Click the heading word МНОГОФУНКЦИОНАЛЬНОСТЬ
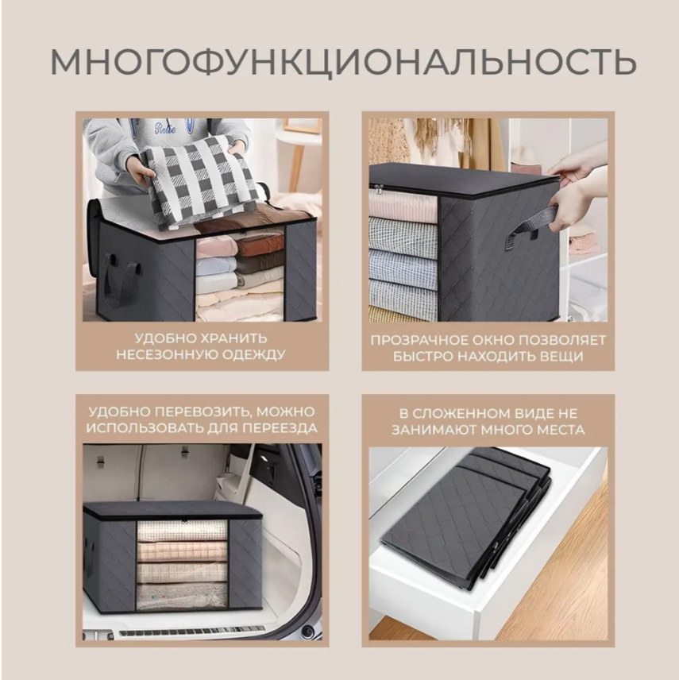coord(343,62)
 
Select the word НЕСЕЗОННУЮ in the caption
coord(167,355)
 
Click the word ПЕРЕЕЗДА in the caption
coord(280,428)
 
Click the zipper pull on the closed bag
coord(380,189)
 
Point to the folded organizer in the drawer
coord(466,516)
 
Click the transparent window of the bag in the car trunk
coord(182,565)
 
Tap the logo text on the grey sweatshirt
coord(165,129)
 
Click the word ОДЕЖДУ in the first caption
coord(253,355)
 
